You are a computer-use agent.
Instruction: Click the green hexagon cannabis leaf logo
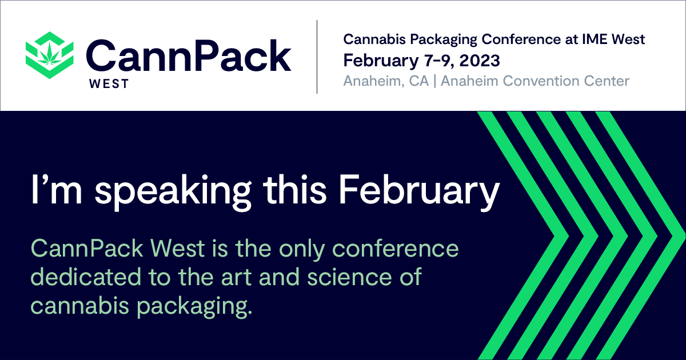coord(50,55)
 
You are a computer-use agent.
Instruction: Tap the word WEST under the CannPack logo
coord(109,84)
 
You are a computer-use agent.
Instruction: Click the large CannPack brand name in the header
coord(189,56)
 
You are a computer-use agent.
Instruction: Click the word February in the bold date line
coord(381,61)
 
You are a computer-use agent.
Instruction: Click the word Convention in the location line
coord(541,81)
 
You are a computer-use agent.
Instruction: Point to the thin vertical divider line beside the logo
coord(317,57)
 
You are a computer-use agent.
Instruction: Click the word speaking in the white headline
coord(173,191)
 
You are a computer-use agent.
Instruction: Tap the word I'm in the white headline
coord(57,189)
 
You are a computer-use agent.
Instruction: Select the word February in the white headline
coord(419,191)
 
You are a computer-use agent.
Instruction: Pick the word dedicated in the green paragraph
coord(85,277)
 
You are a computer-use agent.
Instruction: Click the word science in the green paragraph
coord(349,277)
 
